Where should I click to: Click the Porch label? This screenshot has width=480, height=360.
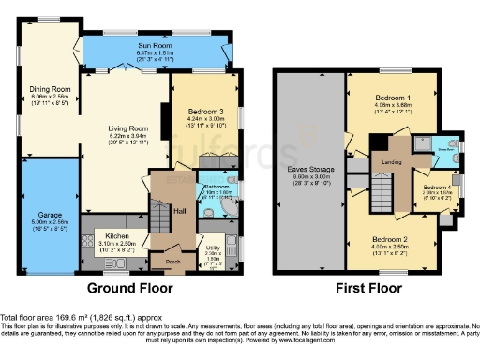pos(172,262)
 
